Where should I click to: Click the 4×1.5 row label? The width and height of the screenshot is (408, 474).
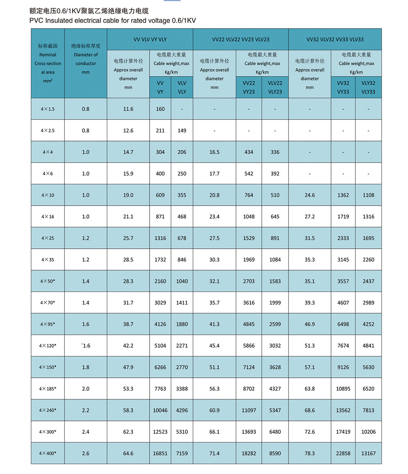tap(48, 109)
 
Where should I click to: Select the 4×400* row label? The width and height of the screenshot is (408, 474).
tap(48, 454)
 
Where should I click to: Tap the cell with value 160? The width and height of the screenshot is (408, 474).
tap(160, 109)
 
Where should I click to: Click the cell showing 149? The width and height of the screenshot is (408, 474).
tap(182, 131)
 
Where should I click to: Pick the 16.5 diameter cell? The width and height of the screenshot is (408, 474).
tap(214, 152)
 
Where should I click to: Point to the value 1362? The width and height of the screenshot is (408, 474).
tap(343, 195)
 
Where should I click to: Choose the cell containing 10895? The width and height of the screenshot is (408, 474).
tap(343, 389)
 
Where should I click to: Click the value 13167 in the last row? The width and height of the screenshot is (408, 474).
tap(368, 454)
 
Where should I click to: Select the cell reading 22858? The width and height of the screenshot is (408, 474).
tap(343, 454)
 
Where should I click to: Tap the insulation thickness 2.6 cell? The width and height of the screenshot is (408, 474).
tap(86, 454)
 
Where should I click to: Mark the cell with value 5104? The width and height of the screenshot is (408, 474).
tap(160, 346)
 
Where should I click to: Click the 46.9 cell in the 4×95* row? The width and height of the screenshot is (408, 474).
tap(310, 324)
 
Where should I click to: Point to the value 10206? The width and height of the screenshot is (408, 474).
tap(368, 432)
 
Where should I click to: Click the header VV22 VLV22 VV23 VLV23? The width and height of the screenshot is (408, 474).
tap(241, 39)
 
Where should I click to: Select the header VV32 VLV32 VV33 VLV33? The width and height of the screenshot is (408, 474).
tap(335, 39)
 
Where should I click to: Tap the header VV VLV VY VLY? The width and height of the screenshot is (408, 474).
tap(150, 39)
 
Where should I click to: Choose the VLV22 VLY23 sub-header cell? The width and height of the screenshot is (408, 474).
tap(275, 88)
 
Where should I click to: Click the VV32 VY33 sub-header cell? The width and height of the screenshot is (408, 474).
tap(343, 88)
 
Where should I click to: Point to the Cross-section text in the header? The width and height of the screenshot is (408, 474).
tap(48, 64)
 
